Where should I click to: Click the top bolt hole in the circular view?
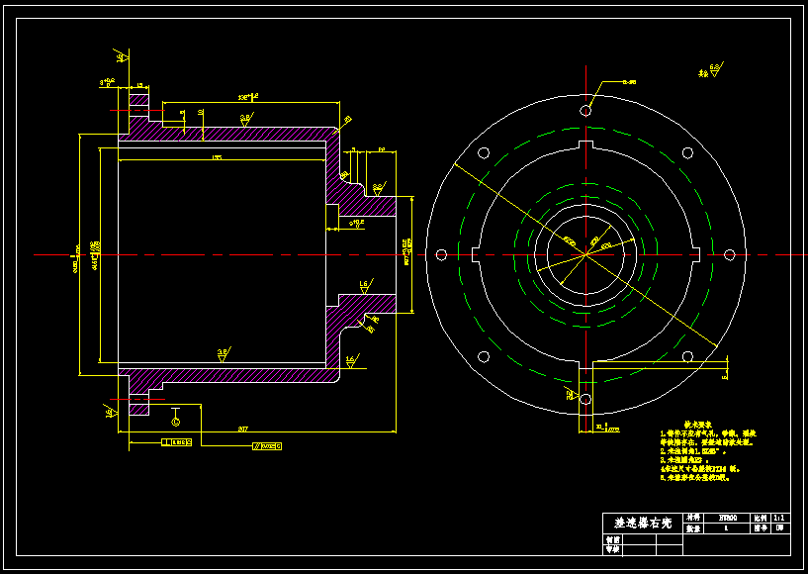click(585, 110)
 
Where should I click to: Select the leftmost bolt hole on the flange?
click(441, 254)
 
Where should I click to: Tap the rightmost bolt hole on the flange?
click(730, 254)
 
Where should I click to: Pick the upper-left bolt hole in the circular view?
click(484, 153)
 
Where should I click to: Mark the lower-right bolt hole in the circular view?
click(687, 356)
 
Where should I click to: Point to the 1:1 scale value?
click(781, 517)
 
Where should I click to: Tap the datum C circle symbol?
click(176, 422)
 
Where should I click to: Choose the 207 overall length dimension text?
click(242, 429)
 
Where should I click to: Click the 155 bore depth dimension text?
click(217, 157)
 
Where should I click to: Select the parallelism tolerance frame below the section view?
click(267, 446)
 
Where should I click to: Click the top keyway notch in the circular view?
click(585, 146)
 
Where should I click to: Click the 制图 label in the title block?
click(613, 540)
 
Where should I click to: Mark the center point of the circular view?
click(585, 254)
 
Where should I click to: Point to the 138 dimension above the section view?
click(247, 97)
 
